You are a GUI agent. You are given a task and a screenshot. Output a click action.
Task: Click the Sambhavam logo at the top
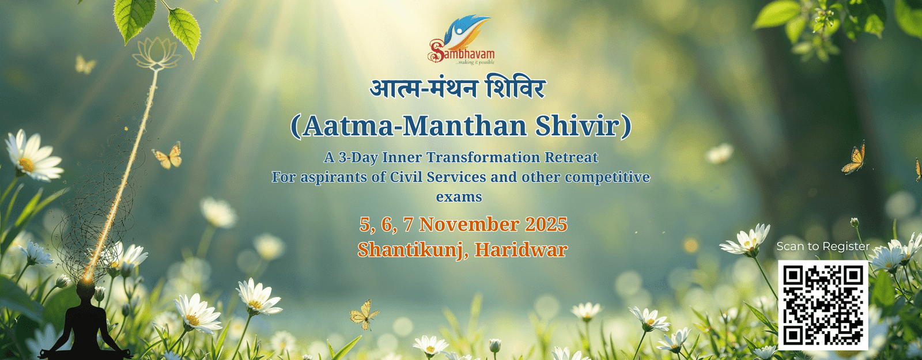click(x=462, y=40)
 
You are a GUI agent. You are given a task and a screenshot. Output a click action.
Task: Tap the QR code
click(x=823, y=305)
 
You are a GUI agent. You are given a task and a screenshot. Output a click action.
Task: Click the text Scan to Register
click(x=823, y=247)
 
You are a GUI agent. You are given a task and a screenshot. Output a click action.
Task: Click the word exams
click(x=459, y=197)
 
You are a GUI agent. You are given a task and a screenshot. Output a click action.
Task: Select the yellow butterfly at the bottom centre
click(x=364, y=314)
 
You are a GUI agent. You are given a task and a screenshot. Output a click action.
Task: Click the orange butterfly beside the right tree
click(x=853, y=159)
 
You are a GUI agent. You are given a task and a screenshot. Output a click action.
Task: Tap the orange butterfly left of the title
click(x=168, y=156)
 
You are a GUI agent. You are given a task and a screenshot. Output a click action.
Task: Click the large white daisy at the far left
click(x=33, y=156)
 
